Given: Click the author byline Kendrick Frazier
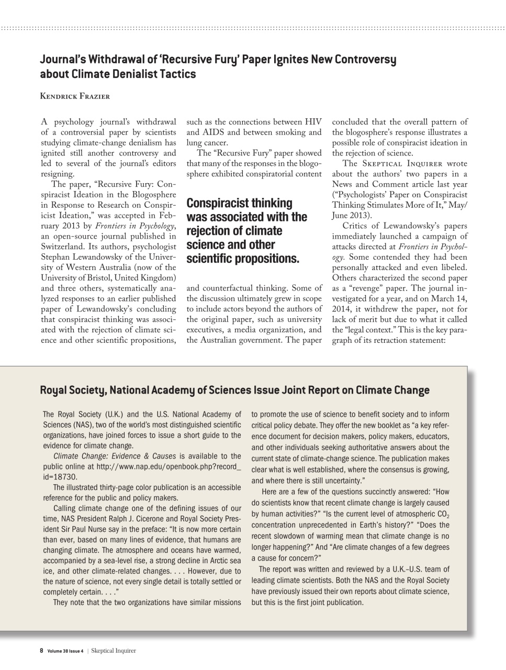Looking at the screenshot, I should click(75, 96).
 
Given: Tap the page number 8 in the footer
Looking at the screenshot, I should click(42, 651).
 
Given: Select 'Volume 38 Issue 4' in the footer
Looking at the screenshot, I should click(65, 651).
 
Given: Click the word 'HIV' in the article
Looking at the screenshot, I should click(312, 122).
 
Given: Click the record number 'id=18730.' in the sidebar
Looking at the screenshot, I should click(60, 477).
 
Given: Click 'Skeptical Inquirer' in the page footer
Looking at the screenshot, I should click(114, 651).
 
